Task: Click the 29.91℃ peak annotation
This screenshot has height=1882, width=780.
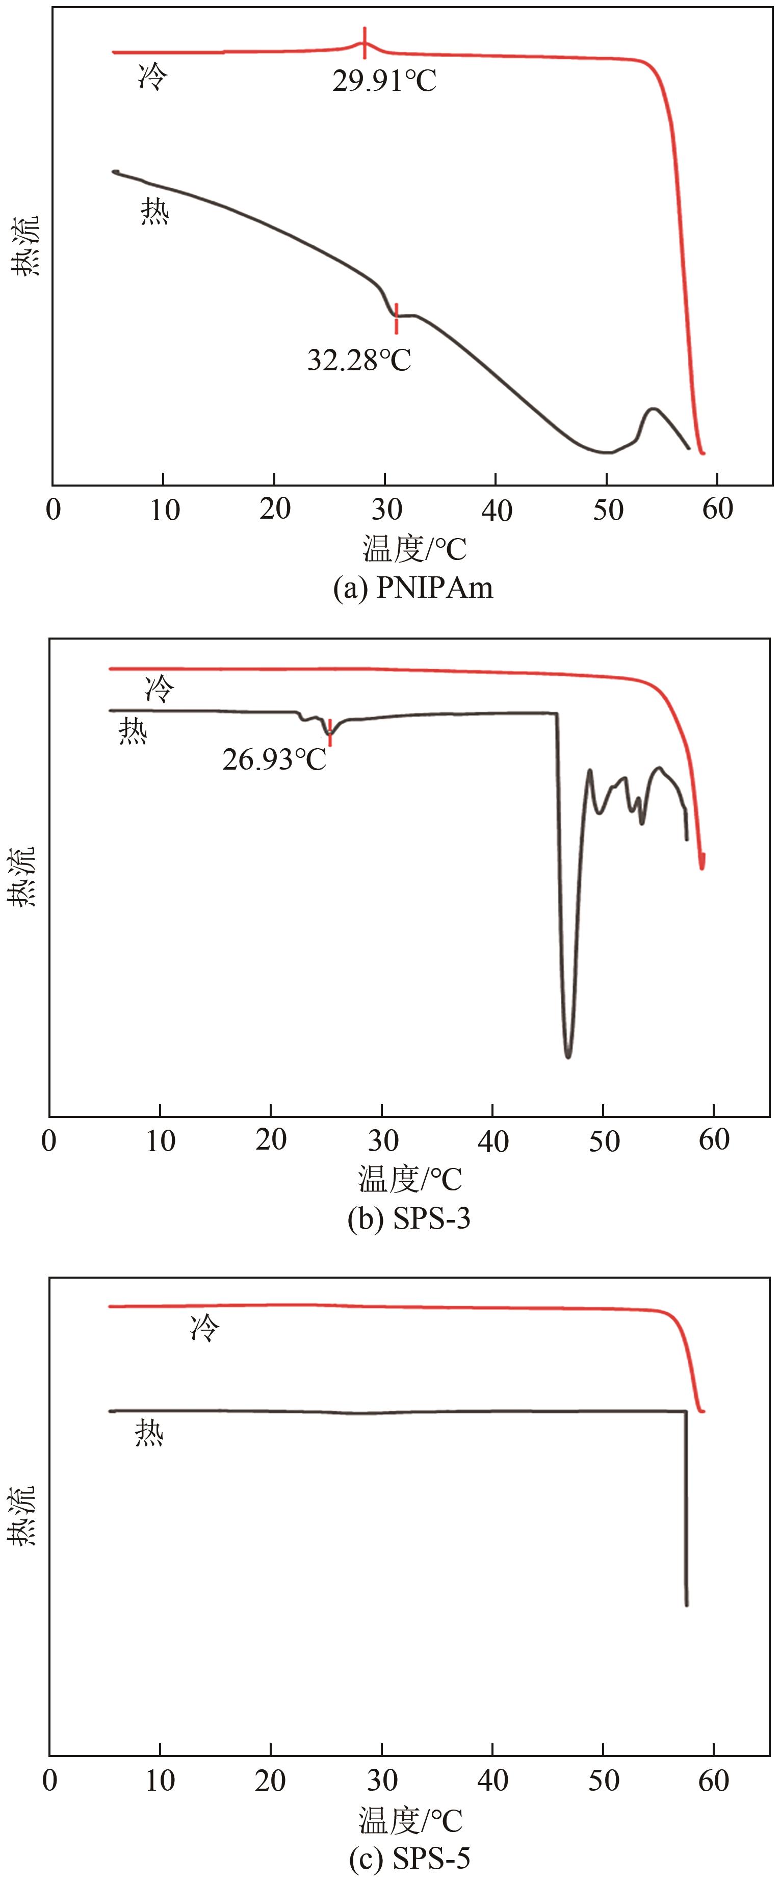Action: (x=384, y=80)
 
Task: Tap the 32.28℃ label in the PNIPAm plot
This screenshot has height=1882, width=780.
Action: (x=358, y=360)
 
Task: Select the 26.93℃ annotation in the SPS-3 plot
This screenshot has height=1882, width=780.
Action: (x=274, y=760)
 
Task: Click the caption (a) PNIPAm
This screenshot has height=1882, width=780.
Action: (x=412, y=588)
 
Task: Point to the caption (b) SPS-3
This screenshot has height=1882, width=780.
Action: (x=409, y=1218)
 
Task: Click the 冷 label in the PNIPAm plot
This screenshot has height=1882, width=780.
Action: (x=152, y=76)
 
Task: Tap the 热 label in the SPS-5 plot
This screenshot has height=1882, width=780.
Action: (x=149, y=1433)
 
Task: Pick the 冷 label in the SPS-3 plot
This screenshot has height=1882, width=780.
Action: (x=160, y=688)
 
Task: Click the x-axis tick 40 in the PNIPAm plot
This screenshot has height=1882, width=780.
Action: (x=496, y=510)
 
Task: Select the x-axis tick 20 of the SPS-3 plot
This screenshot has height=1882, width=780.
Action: (x=271, y=1140)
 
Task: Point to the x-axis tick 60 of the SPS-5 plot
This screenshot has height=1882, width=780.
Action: (x=714, y=1781)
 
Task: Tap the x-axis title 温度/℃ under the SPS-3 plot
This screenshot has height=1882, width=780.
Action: (x=410, y=1179)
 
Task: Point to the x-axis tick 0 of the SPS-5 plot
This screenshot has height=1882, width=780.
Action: (x=49, y=1781)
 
